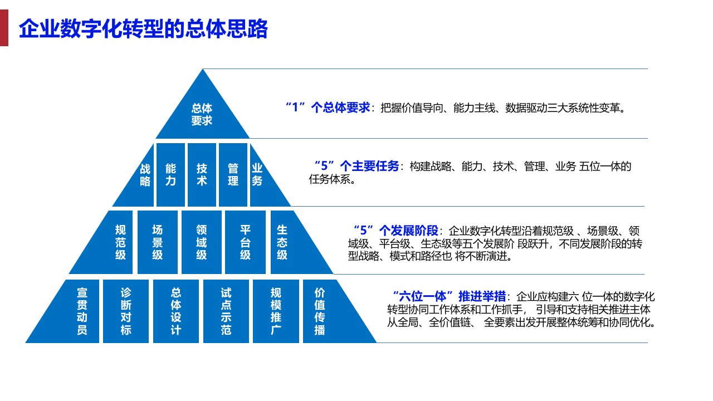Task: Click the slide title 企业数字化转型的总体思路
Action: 143,29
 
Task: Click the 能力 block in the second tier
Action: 170,175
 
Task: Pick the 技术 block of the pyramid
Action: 202,175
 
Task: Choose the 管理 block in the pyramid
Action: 233,175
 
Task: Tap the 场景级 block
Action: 158,242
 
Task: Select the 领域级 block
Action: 202,242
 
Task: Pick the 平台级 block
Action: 245,242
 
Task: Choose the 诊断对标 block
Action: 126,311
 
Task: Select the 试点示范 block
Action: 226,311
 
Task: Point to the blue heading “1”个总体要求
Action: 328,107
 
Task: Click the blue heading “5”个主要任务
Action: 357,166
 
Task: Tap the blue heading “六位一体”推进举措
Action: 449,296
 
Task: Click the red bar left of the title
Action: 4,28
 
